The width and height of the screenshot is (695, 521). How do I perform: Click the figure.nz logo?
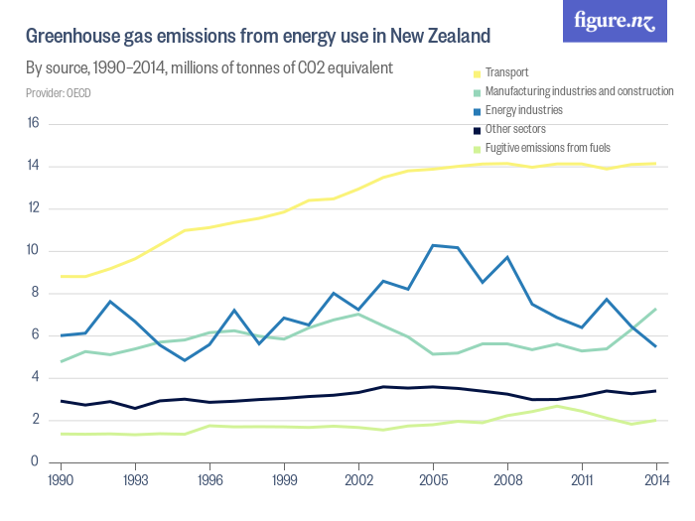(x=615, y=21)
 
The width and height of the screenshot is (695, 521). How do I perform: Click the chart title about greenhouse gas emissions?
(x=258, y=38)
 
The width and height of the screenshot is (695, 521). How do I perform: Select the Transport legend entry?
(x=506, y=72)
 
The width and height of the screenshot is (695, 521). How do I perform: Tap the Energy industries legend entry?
(x=523, y=110)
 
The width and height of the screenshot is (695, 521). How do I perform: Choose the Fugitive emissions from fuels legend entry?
(x=546, y=148)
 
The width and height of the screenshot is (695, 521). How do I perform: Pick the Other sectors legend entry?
(x=514, y=129)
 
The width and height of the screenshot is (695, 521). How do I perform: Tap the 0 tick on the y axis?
(x=35, y=461)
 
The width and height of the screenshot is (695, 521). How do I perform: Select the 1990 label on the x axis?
(x=62, y=479)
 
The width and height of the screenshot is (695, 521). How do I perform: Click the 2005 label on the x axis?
(x=433, y=479)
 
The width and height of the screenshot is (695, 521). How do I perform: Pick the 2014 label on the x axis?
(x=655, y=479)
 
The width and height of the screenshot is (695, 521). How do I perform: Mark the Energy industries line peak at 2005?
(x=433, y=245)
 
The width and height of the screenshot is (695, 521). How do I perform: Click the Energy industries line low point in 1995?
(x=185, y=360)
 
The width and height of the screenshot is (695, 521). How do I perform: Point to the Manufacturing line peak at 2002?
(x=358, y=314)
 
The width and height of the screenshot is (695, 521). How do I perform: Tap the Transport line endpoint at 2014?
(x=655, y=164)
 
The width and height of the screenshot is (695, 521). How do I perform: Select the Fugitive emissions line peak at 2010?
(x=557, y=406)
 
